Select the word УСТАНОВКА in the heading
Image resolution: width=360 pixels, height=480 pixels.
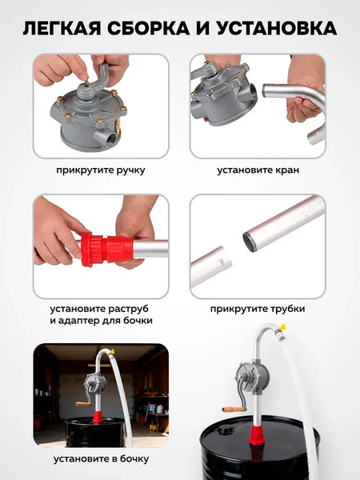pos(277,29)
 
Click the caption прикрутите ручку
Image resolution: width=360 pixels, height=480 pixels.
pos(101,170)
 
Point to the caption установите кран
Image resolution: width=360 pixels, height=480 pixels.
pos(258,170)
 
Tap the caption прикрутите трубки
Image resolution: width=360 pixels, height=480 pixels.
pos(258,309)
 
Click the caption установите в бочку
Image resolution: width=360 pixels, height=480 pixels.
pos(101,459)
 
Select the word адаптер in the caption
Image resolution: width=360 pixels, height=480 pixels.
pos(79,321)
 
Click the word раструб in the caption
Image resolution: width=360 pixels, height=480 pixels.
pos(130,309)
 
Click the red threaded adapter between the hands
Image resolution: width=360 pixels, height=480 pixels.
pos(107,249)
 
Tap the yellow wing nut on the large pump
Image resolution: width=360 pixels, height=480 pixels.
pos(282,327)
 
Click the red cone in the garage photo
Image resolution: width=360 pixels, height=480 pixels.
pos(98,418)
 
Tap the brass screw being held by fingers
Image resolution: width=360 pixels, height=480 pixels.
pos(86,82)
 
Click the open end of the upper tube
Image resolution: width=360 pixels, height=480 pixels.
pos(250,242)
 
